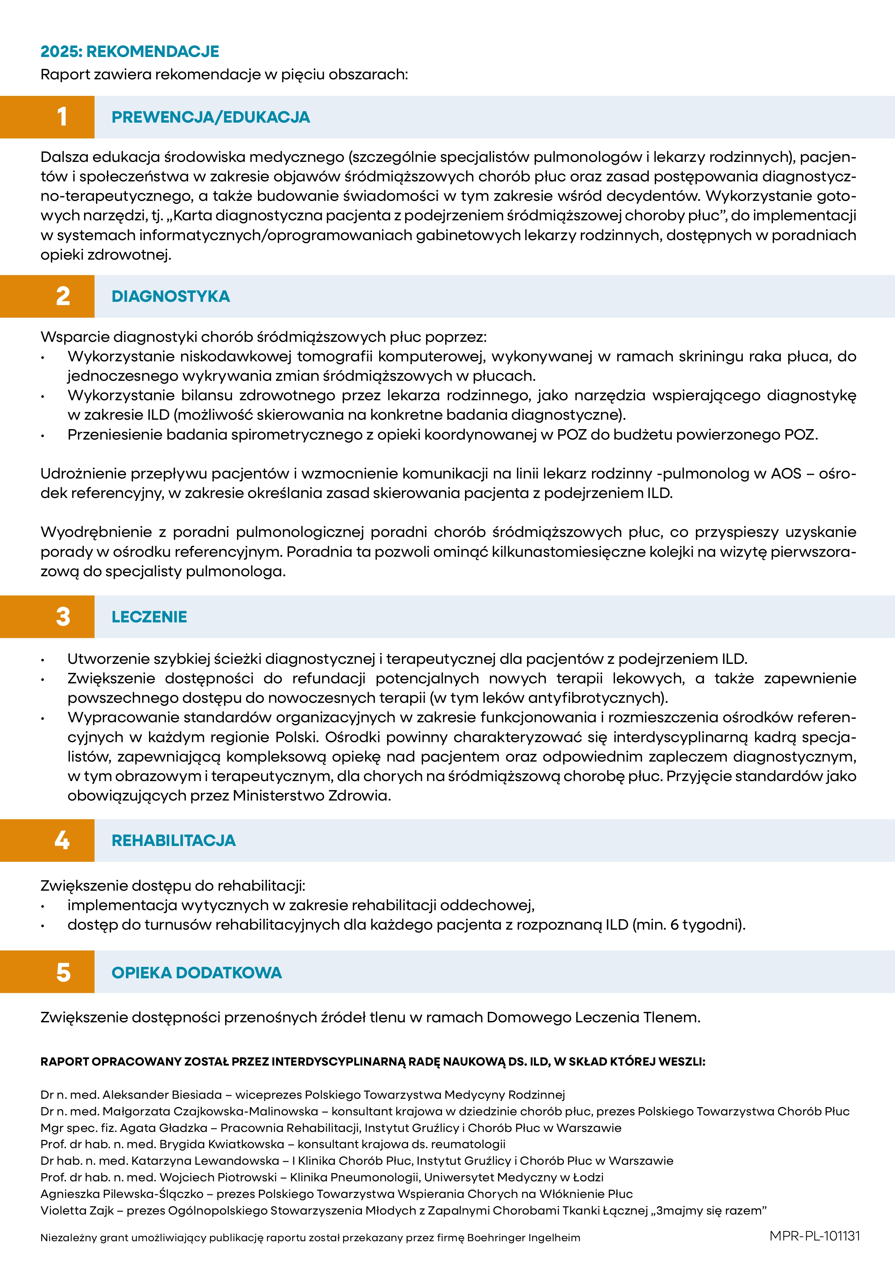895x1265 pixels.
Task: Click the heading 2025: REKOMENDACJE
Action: (x=130, y=51)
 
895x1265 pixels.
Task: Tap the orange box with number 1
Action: (x=47, y=117)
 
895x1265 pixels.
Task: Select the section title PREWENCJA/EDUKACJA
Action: (x=211, y=117)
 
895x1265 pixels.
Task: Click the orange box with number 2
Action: (x=47, y=296)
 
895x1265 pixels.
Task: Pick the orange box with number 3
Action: (x=47, y=617)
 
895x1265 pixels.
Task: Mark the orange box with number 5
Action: (x=47, y=973)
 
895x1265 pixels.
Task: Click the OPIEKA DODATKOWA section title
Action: (x=196, y=973)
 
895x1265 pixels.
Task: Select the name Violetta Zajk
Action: (x=77, y=1211)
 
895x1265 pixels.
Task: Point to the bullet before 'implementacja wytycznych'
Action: (x=43, y=906)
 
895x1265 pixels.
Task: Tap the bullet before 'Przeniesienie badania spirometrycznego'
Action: (x=43, y=436)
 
